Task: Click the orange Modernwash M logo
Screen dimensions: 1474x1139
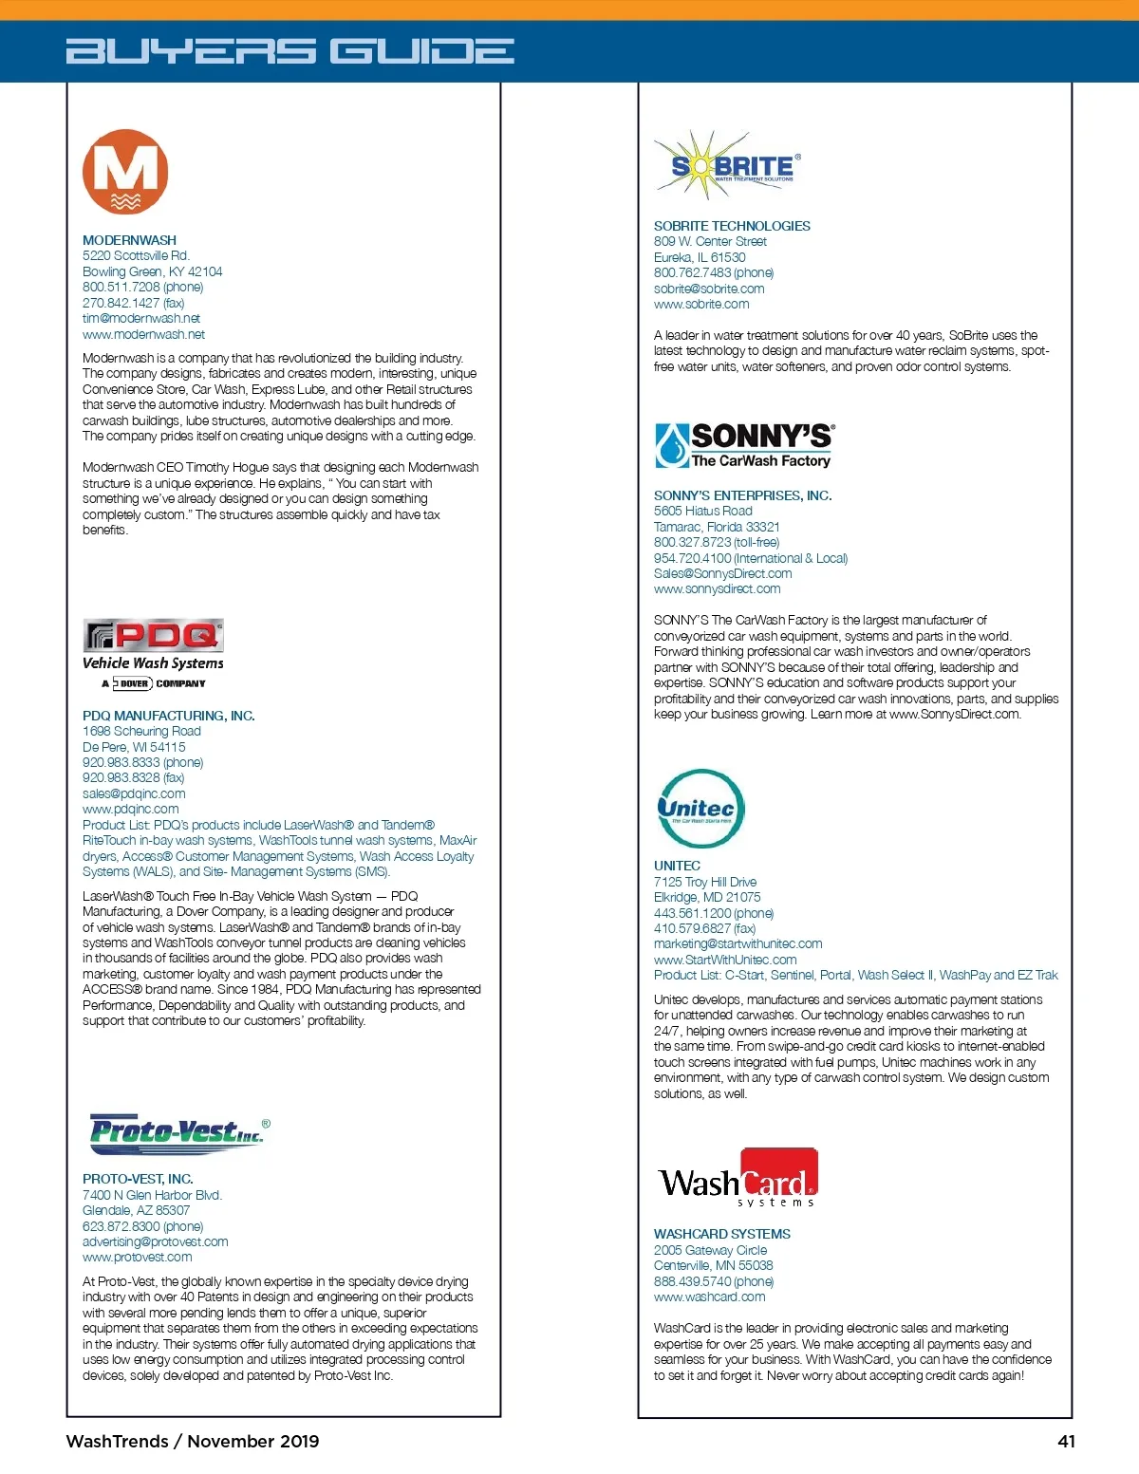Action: coord(125,172)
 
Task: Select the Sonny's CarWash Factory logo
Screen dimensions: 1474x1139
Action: coord(745,446)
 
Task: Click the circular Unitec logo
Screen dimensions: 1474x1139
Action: coord(700,809)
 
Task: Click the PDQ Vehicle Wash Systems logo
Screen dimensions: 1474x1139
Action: coord(154,655)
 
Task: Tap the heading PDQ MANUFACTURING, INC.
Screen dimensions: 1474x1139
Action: coord(168,716)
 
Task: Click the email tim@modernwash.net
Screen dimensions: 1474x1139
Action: coord(140,319)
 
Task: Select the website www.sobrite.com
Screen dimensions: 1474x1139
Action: coord(700,305)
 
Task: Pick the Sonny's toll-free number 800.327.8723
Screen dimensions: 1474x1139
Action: coord(716,542)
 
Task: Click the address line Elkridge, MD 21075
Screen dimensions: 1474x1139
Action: coord(706,897)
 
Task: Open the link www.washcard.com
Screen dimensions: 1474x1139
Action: coord(709,1297)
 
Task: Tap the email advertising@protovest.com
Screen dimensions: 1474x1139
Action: coord(155,1241)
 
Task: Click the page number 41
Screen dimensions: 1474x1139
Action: coord(1066,1441)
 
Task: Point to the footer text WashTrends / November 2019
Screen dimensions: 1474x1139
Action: coord(192,1441)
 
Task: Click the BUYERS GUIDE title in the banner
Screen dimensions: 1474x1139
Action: coord(289,51)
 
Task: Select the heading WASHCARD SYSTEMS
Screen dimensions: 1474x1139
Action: coord(721,1234)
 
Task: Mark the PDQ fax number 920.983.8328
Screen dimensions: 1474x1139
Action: coord(133,777)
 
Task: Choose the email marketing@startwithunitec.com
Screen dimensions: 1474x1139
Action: coord(738,943)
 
